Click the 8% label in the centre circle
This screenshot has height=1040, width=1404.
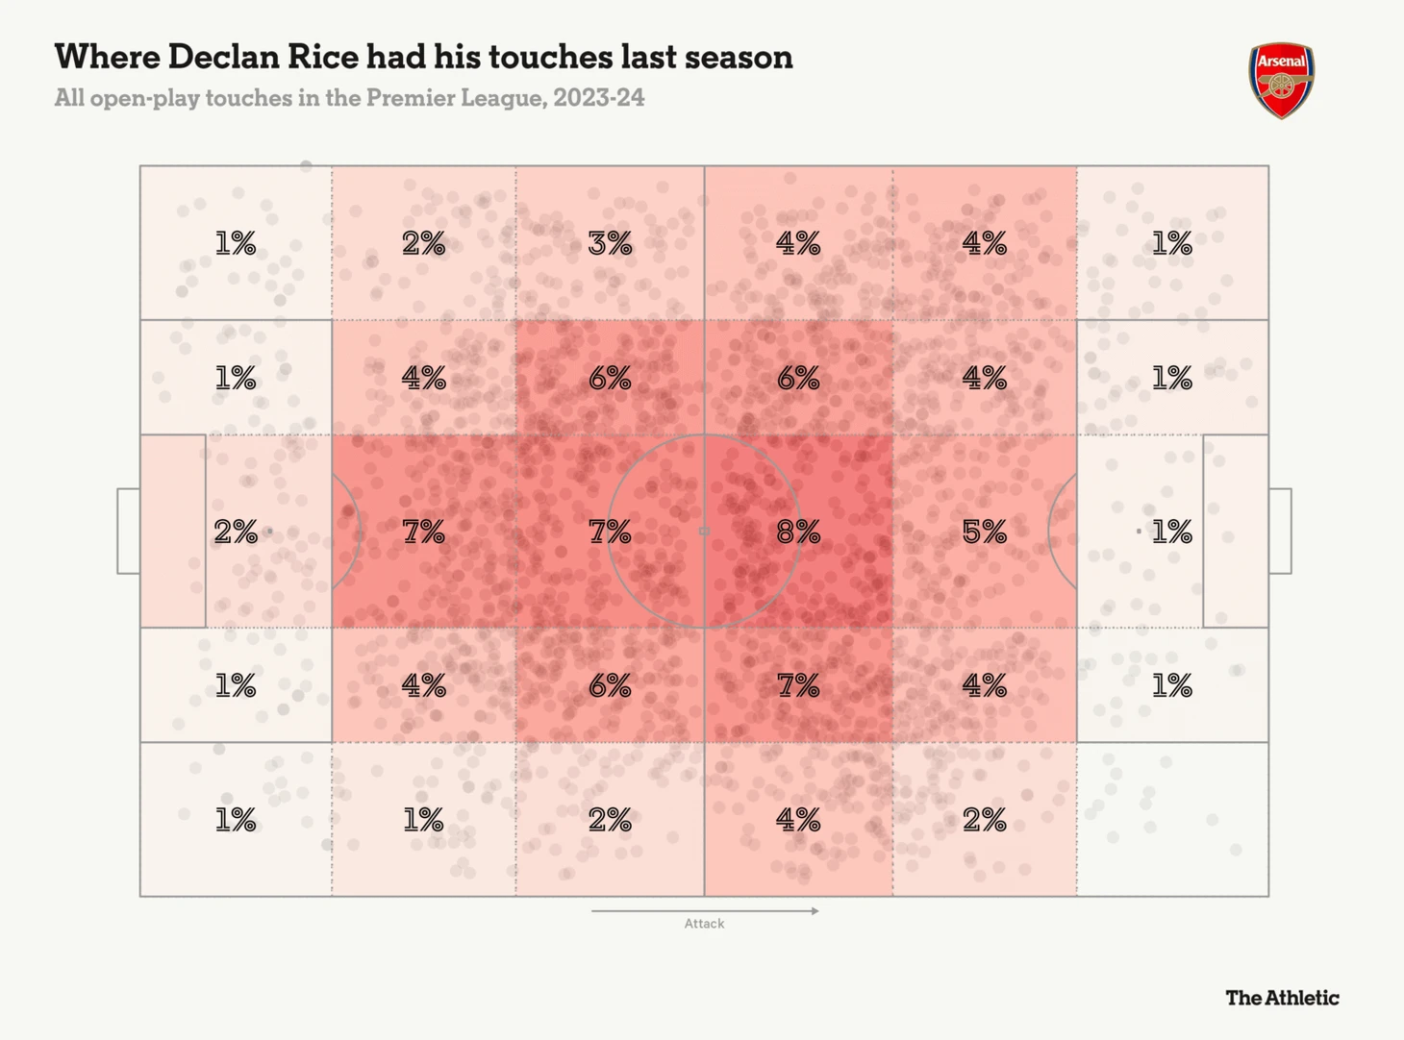pyautogui.click(x=798, y=532)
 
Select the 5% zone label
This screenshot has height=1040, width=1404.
pyautogui.click(x=985, y=532)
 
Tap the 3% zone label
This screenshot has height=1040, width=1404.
pyautogui.click(x=610, y=243)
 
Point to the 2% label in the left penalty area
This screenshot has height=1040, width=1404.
pyautogui.click(x=236, y=532)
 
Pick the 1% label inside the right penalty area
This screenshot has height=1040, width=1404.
pyautogui.click(x=1171, y=532)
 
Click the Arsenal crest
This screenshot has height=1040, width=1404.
pyautogui.click(x=1282, y=80)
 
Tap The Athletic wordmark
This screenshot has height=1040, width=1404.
pyautogui.click(x=1282, y=998)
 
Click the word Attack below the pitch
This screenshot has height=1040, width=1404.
pyautogui.click(x=704, y=924)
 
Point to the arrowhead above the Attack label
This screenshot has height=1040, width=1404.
pyautogui.click(x=815, y=910)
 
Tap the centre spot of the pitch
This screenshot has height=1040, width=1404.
pyautogui.click(x=704, y=531)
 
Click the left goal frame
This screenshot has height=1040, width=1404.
pyautogui.click(x=128, y=531)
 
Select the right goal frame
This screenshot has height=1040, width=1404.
pyautogui.click(x=1280, y=531)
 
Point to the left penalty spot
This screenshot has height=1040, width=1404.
pyautogui.click(x=269, y=531)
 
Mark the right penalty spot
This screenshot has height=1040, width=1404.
pyautogui.click(x=1139, y=531)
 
